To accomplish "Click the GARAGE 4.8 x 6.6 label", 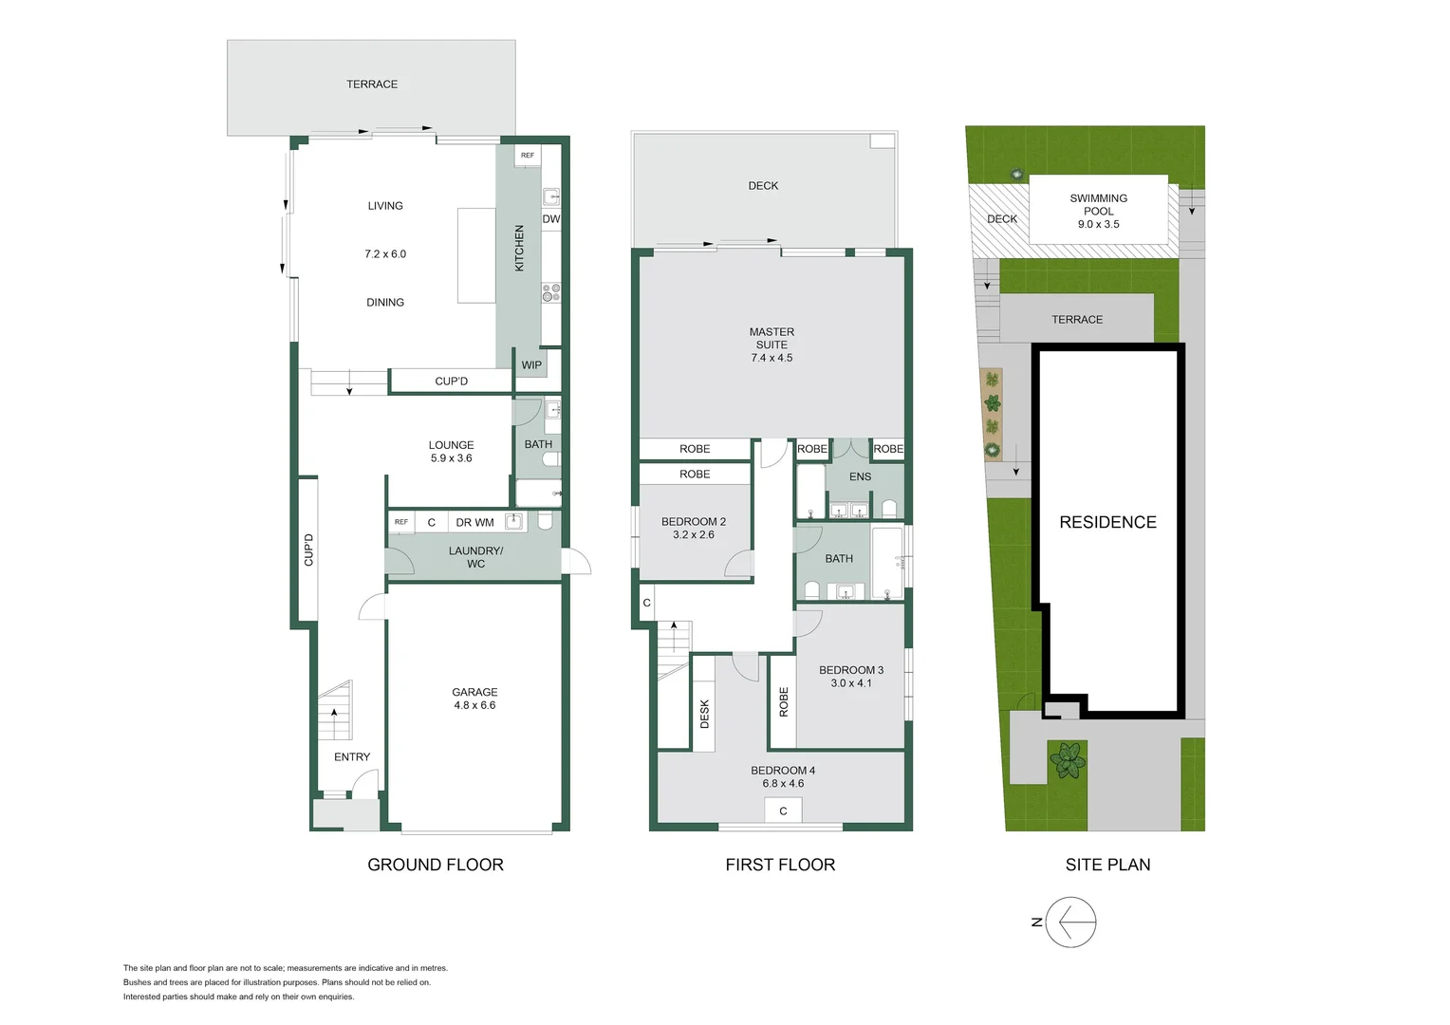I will coord(474,699).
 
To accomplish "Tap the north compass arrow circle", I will coord(1070,922).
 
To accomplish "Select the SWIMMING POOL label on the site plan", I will coord(1098,205).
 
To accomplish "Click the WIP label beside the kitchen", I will coord(531,365).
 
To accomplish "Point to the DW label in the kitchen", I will coord(550,219).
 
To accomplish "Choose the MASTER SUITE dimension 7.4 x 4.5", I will coord(771,358).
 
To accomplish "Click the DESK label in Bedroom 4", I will coord(704,714).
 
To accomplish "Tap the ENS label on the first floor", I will coord(860,477).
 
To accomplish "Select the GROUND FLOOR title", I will coord(436,865).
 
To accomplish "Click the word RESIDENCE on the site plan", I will coord(1107,522).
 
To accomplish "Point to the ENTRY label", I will coord(352,757).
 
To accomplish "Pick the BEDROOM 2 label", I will coord(694,522).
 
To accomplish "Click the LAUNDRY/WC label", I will coord(475,557).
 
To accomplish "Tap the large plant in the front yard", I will coord(1068,759).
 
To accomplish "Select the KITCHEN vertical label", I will coord(519,249).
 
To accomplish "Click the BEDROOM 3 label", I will coord(851,670).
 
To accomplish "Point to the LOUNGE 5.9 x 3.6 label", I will coord(451,452).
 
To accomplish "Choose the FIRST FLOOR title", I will coord(780,865).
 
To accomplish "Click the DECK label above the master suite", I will coord(763,186).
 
